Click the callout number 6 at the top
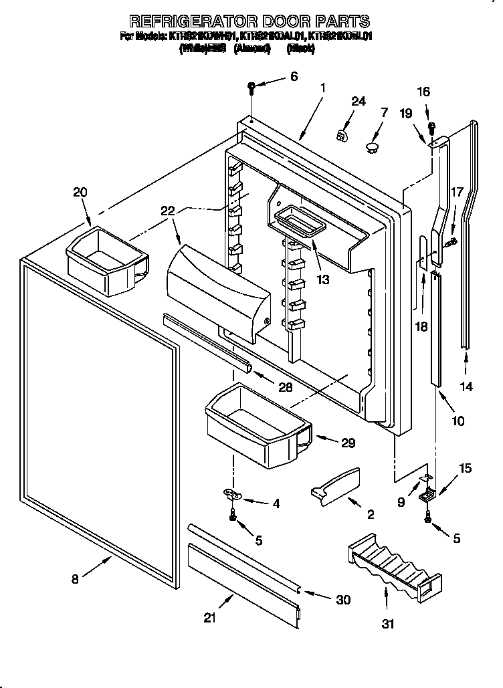[x=293, y=77]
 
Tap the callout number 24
[x=359, y=102]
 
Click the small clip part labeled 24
[x=342, y=136]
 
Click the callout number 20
[x=80, y=193]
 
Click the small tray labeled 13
[x=298, y=220]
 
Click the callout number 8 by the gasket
[x=74, y=579]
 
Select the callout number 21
[x=210, y=618]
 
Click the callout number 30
[x=342, y=600]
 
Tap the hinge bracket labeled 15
[x=426, y=495]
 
